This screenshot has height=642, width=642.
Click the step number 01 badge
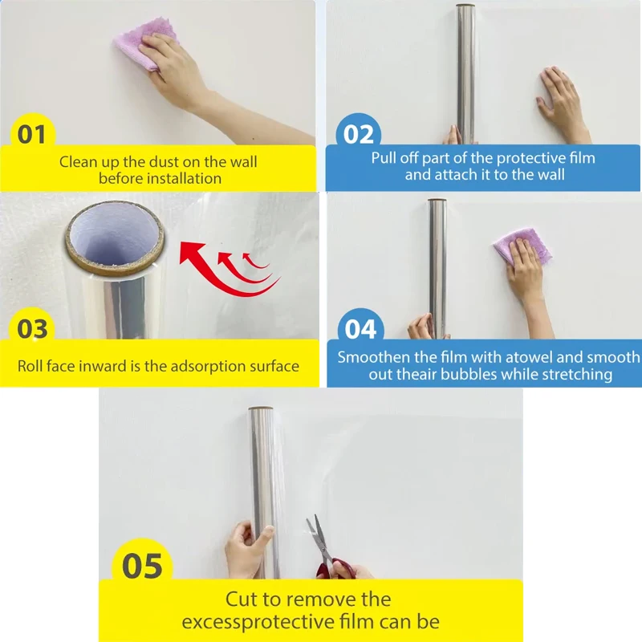(x=32, y=134)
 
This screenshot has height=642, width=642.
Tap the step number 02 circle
(x=359, y=134)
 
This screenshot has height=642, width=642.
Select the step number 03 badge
(x=32, y=329)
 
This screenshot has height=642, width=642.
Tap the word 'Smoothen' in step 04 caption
(x=375, y=357)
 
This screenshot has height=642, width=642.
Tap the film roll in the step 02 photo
(x=465, y=72)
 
